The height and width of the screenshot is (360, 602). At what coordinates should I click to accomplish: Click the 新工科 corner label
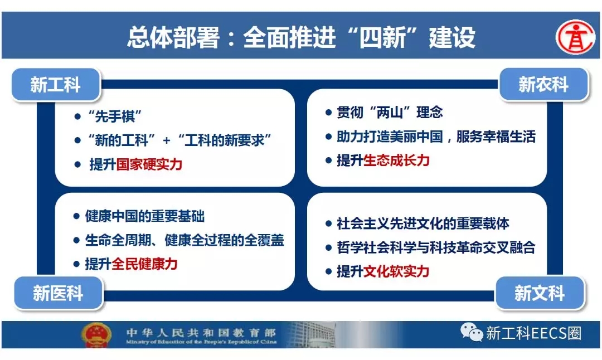point(56,85)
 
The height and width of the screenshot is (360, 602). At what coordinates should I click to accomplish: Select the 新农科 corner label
point(543,85)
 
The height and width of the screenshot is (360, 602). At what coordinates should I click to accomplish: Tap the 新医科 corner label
point(59,293)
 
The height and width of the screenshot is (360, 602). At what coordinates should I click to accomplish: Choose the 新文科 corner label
point(540,293)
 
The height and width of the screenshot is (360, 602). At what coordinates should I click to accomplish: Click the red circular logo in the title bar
point(575,37)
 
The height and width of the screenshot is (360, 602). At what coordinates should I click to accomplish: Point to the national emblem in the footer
point(96,335)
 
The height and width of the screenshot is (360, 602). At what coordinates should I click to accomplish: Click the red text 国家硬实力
point(149,164)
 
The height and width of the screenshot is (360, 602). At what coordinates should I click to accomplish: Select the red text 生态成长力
point(396,160)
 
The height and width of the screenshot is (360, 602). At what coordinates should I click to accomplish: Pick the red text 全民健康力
point(144,264)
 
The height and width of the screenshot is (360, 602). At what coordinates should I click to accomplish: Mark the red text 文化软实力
point(396,272)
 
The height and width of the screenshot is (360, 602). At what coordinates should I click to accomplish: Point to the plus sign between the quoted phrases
point(166,140)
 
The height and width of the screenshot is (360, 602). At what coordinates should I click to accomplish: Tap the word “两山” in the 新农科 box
point(390,113)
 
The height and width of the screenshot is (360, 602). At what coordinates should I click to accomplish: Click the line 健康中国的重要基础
point(145,216)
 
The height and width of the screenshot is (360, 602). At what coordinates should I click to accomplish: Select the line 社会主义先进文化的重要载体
point(423,224)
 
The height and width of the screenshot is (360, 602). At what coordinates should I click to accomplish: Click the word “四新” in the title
point(382,37)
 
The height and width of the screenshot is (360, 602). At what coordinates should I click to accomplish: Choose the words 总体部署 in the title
point(173,37)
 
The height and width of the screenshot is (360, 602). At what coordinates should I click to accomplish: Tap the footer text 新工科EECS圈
point(533,333)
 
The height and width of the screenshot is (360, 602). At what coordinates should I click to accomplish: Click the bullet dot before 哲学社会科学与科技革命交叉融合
point(328,248)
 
